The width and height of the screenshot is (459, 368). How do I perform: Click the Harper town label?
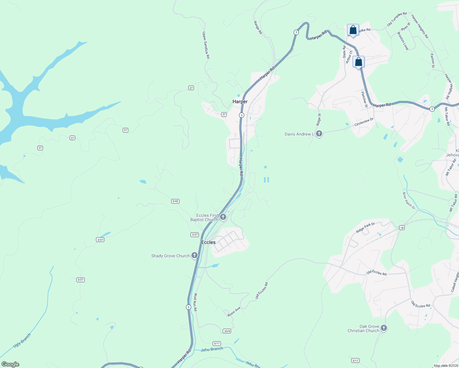coord(240,102)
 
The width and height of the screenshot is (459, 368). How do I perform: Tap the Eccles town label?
coord(208,242)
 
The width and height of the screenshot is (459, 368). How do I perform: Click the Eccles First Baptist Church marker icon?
coord(223,217)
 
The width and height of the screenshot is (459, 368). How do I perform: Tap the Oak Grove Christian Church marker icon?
coord(384,328)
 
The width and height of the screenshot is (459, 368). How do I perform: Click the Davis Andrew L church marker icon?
coord(319,134)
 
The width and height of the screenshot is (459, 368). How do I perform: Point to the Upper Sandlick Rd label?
coord(206,45)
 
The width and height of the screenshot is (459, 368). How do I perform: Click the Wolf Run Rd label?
coord(195,302)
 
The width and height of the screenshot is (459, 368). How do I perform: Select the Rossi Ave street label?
coord(234,312)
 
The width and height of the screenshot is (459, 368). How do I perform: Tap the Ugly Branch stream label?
coord(22,340)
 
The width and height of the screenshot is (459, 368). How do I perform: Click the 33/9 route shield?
coord(227,331)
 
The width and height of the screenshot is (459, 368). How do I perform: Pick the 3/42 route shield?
coord(175,201)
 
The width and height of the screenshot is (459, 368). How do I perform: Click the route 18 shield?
coord(402,228)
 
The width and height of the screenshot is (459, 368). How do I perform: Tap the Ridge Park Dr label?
coord(365,228)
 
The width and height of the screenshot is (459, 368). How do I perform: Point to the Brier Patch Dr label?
coord(409,201)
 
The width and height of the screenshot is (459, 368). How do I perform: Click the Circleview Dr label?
coord(364,122)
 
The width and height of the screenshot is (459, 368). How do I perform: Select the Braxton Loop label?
coord(403,41)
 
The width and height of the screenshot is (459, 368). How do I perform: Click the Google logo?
coord(10,364)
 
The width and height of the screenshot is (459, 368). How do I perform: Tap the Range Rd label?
coord(258,28)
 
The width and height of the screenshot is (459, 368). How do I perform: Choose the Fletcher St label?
coord(364,99)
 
